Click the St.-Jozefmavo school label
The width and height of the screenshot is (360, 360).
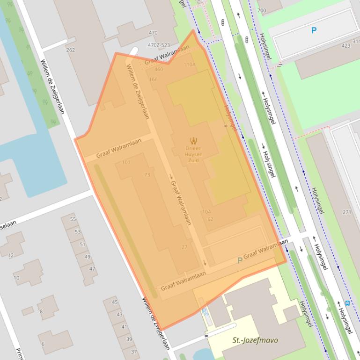[x=255, y=340]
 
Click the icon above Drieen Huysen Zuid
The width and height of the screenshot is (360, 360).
[x=193, y=140]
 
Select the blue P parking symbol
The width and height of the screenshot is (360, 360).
[x=314, y=30]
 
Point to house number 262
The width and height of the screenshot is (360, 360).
[x=71, y=50]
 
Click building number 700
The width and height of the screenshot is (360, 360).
[x=262, y=10]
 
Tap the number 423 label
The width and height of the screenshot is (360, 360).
[x=346, y=46]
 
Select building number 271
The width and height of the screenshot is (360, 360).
[x=346, y=212]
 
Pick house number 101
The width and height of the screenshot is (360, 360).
[x=126, y=162]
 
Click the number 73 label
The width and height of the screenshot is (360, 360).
[x=147, y=175]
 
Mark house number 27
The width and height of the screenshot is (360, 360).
[x=184, y=247]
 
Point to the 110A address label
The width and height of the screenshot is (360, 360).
[x=190, y=65]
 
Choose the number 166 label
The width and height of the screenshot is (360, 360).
[x=154, y=79]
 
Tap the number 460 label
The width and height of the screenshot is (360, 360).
[x=159, y=70]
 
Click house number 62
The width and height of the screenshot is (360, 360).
[x=210, y=219]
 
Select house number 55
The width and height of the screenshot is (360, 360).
[x=73, y=219]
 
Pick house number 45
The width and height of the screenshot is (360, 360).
[x=115, y=302]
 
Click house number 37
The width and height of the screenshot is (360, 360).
[x=134, y=352]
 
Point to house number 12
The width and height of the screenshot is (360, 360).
[x=10, y=255]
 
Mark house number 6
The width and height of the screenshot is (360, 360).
[x=43, y=344]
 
